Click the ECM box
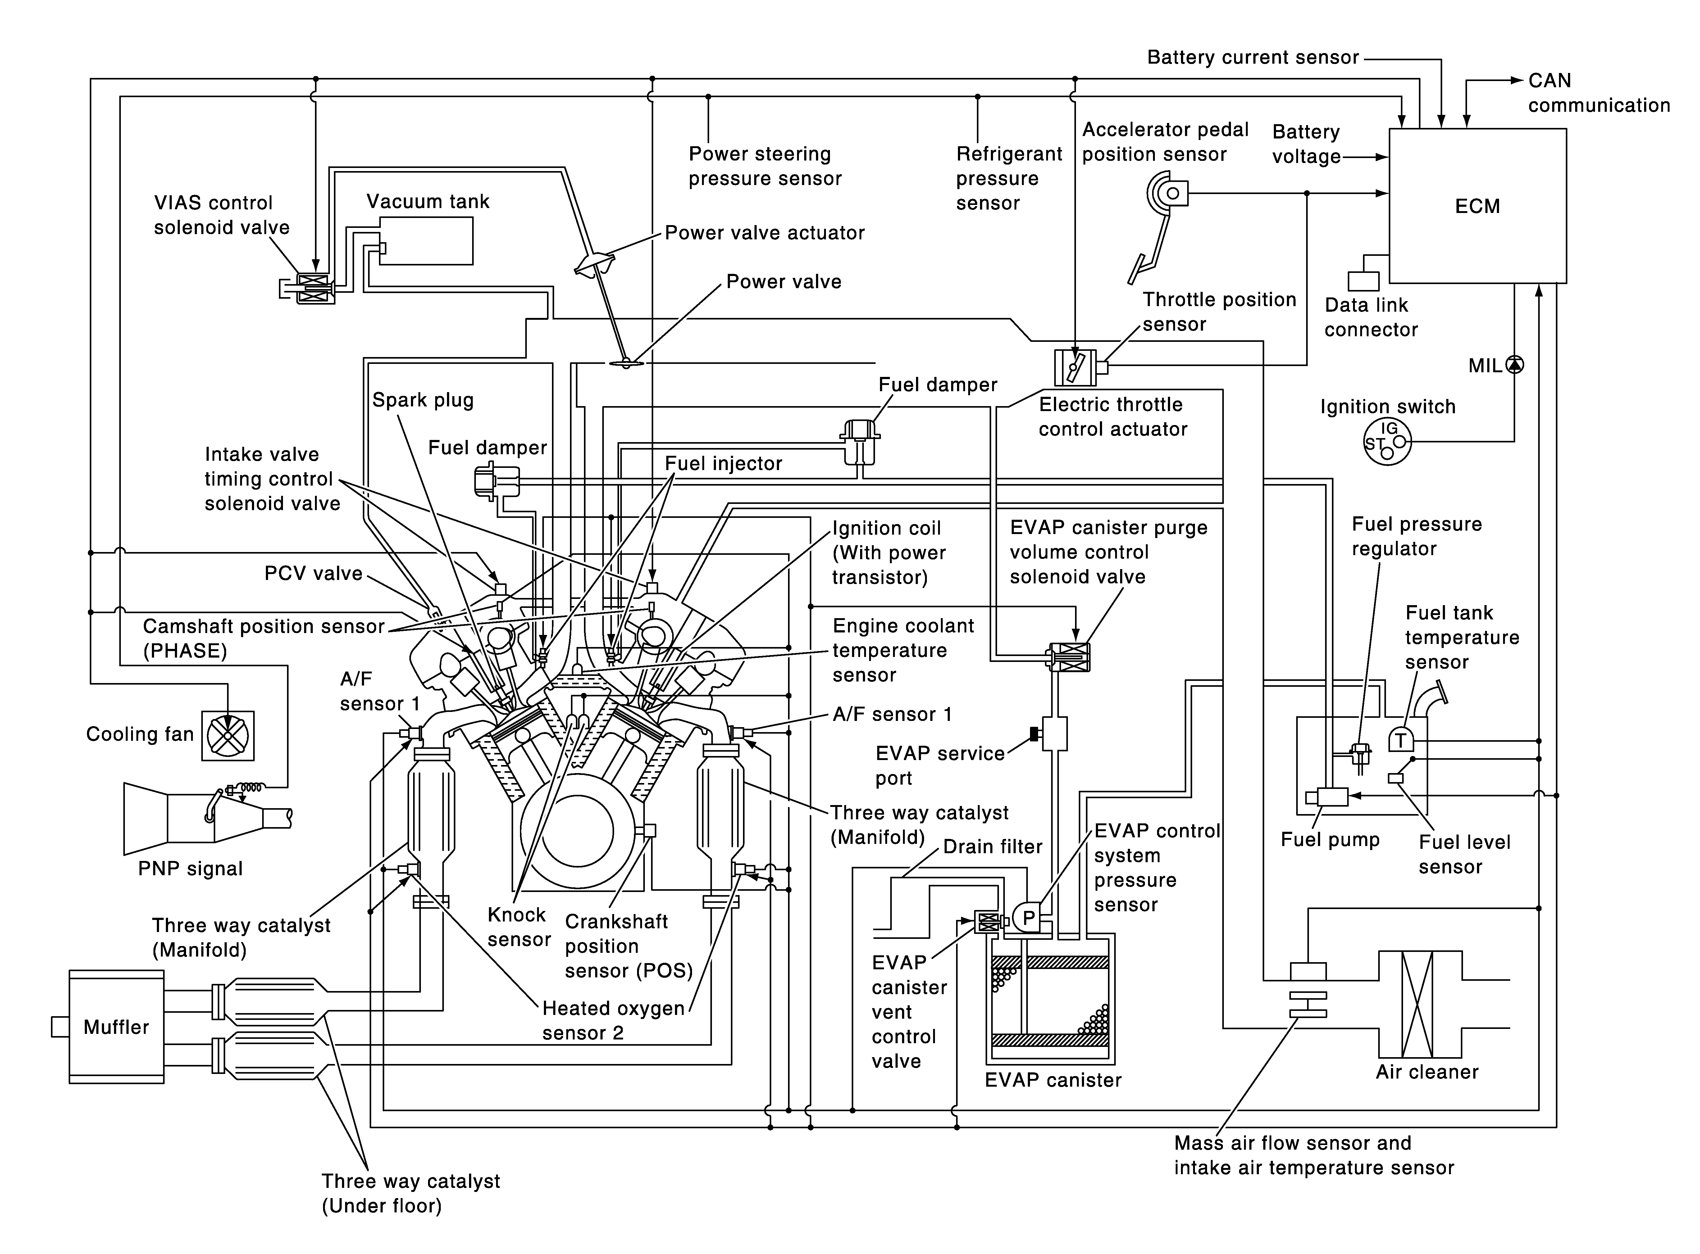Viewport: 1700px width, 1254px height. pyautogui.click(x=1478, y=206)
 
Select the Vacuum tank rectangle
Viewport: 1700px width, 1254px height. pyautogui.click(x=426, y=241)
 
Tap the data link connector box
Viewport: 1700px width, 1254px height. pyautogui.click(x=1363, y=281)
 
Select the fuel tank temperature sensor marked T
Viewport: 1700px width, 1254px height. pyautogui.click(x=1400, y=740)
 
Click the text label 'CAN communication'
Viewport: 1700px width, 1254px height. pyautogui.click(x=1598, y=93)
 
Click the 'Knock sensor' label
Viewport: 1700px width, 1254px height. pyautogui.click(x=519, y=927)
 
